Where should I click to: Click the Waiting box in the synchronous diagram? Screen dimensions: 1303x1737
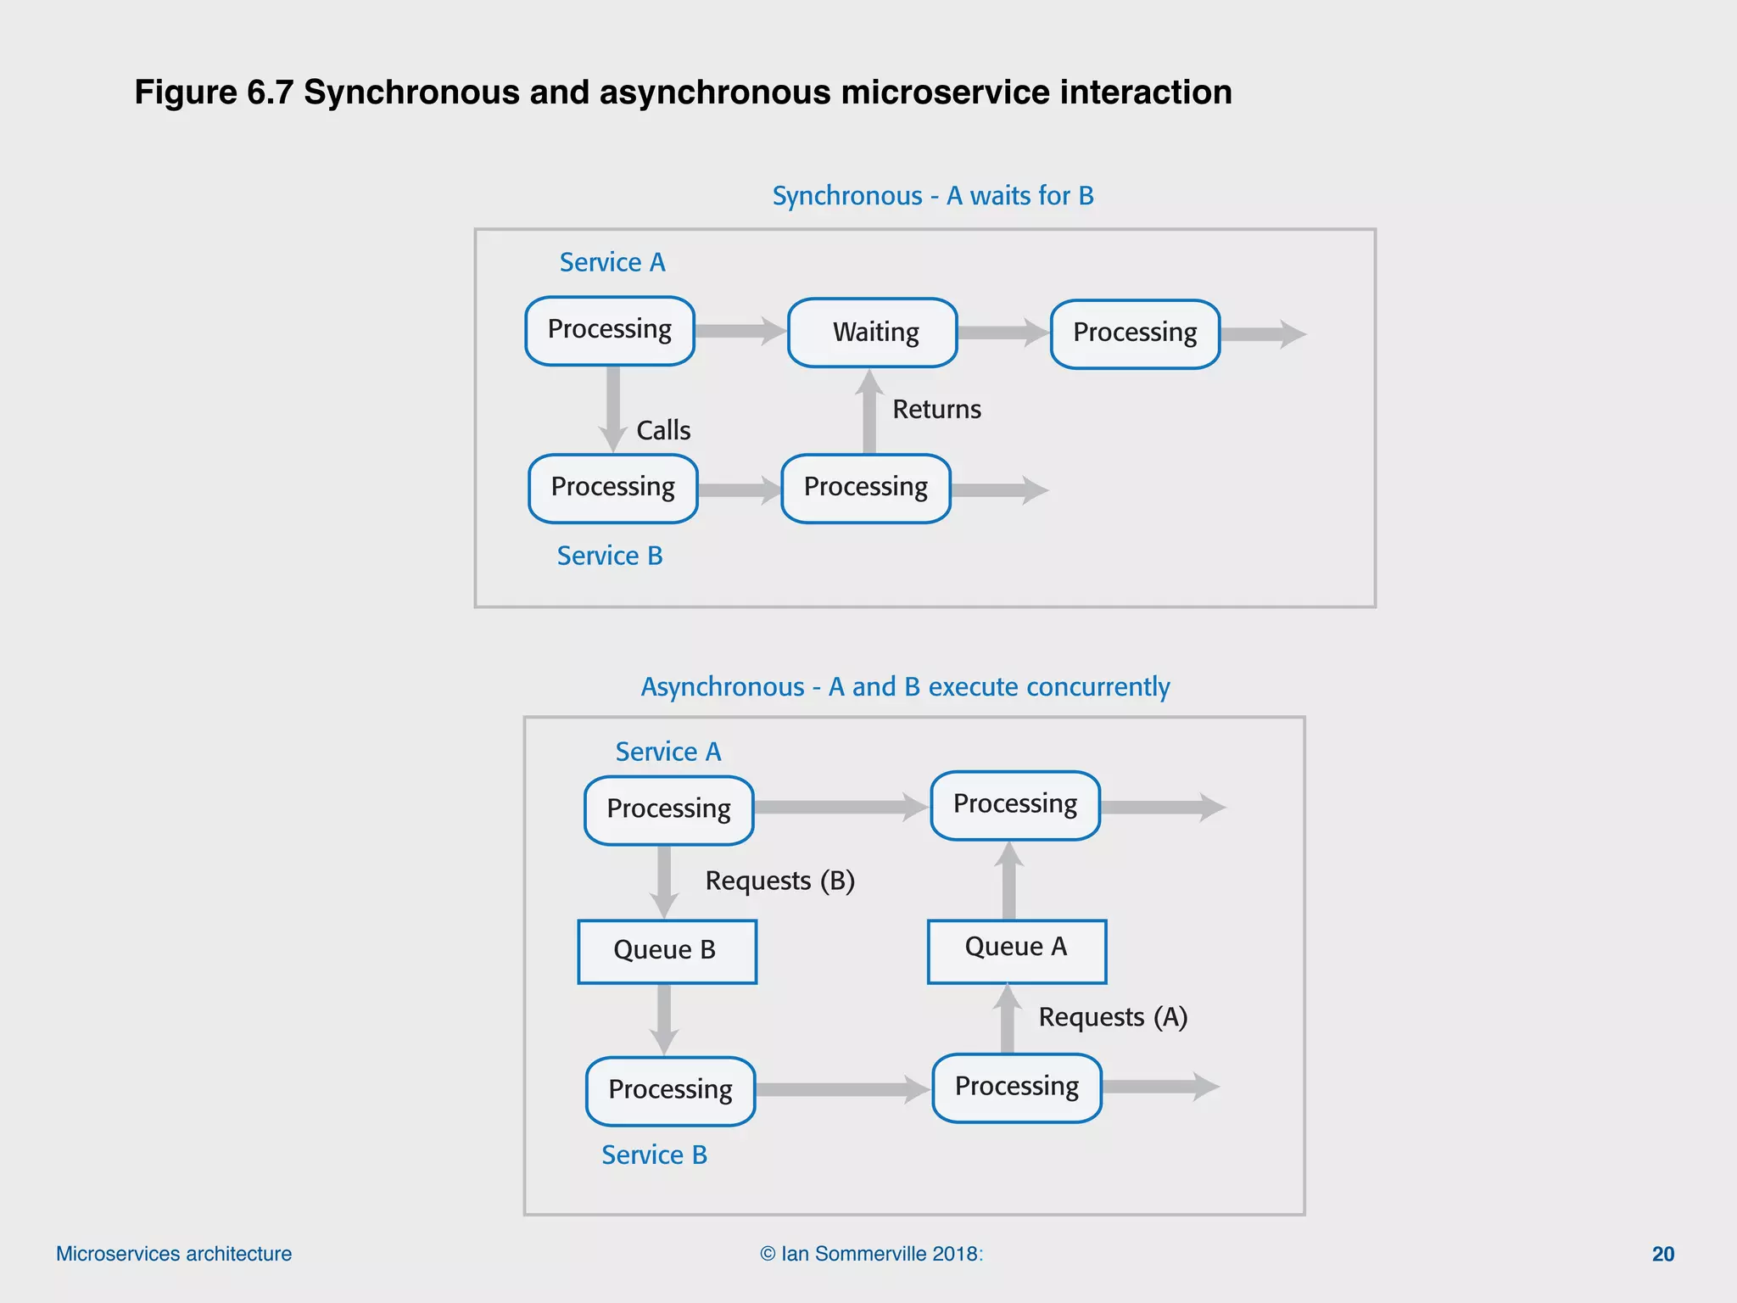tap(873, 333)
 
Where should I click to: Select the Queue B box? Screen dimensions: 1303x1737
tap(667, 951)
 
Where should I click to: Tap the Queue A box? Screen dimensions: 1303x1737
tap(1016, 950)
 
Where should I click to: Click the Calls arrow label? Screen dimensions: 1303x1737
tap(663, 431)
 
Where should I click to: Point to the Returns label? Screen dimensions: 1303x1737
tap(936, 410)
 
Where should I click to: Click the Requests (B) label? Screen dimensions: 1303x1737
tap(779, 881)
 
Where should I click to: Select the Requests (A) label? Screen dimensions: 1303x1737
tap(1113, 1017)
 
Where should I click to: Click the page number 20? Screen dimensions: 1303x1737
tap(1662, 1254)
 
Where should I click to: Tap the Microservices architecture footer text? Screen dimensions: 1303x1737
tap(174, 1254)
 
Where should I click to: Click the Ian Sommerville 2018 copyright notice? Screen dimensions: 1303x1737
tap(871, 1254)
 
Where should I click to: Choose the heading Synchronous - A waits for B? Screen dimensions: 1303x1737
tap(933, 196)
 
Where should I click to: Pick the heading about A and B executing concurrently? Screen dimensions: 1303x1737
tap(905, 686)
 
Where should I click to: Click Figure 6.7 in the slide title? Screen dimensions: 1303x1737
tap(213, 92)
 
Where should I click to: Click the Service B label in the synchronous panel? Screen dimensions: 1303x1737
tap(610, 556)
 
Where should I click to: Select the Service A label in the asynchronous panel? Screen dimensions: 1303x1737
tap(668, 752)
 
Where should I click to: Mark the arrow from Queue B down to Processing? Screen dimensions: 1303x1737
tap(664, 1019)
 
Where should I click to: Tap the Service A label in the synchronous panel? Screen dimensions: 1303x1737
tap(612, 263)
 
